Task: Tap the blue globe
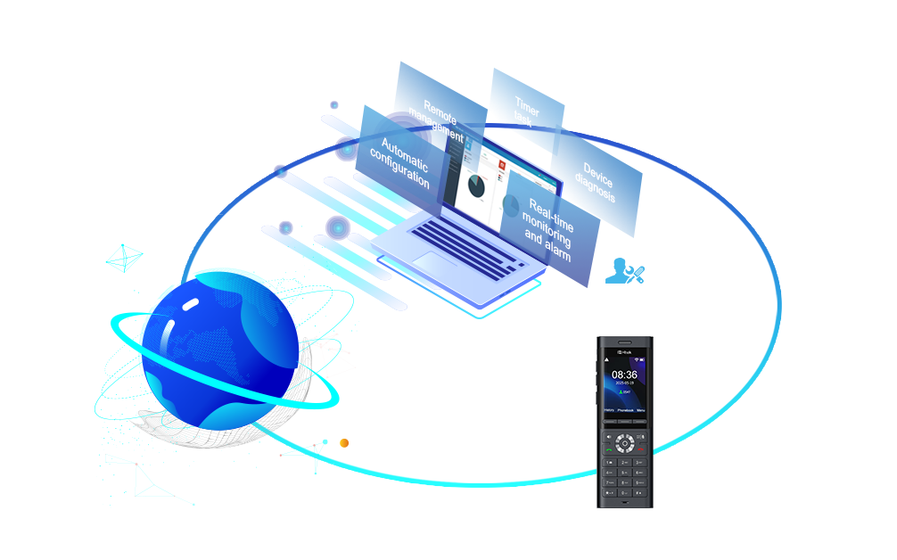(x=218, y=348)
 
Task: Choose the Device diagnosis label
(x=597, y=182)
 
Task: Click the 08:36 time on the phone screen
(x=624, y=375)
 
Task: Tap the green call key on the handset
(x=608, y=450)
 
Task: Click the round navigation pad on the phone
(x=625, y=442)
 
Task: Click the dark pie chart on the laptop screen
(x=477, y=185)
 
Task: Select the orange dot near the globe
(x=344, y=442)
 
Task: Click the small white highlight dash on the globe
(x=191, y=305)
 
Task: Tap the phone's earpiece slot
(x=624, y=343)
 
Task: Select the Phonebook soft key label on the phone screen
(x=625, y=411)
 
